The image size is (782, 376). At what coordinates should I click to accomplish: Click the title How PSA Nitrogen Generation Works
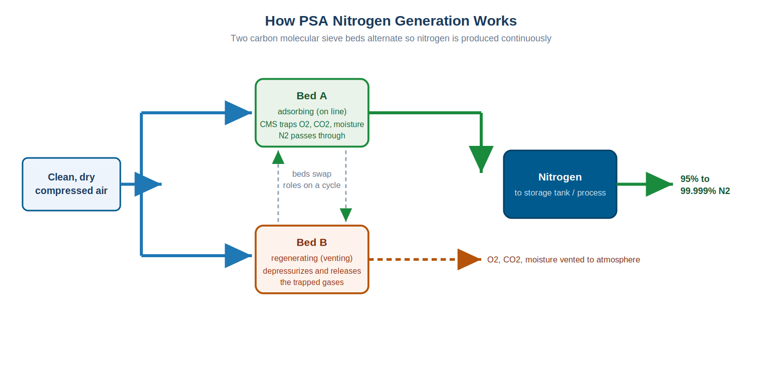pos(390,21)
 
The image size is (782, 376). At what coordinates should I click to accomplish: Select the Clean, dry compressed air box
pos(72,184)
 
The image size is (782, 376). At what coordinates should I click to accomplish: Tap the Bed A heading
pos(312,96)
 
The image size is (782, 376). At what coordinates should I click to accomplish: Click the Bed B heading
pos(312,242)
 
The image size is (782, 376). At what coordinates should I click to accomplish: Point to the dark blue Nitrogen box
pos(560,184)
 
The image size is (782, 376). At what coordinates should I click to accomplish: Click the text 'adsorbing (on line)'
pos(312,111)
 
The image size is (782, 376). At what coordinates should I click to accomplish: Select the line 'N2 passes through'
pos(312,135)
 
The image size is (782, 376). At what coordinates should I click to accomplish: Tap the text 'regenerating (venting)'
pos(312,258)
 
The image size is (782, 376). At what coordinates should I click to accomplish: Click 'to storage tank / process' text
pos(560,193)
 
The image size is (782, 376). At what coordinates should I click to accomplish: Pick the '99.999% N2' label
pos(705,191)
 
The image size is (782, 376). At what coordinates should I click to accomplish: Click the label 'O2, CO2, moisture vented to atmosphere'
pos(563,260)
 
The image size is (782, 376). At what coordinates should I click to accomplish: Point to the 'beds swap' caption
pos(312,174)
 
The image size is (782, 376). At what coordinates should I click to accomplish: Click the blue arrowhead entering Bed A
pos(238,113)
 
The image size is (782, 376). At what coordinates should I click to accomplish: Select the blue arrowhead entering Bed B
pos(238,256)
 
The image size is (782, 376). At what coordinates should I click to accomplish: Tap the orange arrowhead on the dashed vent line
pos(469,259)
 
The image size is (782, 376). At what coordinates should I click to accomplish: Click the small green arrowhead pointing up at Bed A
pos(278,157)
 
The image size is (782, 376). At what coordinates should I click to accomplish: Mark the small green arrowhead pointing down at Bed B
pos(345,215)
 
